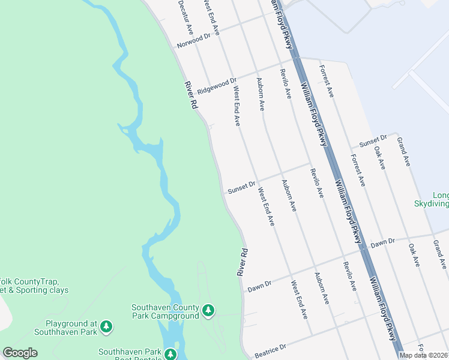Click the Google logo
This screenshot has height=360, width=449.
[20, 353]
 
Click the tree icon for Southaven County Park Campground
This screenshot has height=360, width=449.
[208, 310]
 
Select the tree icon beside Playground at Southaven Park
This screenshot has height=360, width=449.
[106, 326]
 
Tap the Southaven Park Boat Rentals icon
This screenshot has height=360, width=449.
[171, 354]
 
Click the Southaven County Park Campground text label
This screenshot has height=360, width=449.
[165, 311]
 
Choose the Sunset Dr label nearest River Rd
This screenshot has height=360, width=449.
[242, 188]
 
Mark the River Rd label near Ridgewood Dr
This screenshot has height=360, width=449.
[191, 95]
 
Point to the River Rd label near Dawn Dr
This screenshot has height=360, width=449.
[242, 262]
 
